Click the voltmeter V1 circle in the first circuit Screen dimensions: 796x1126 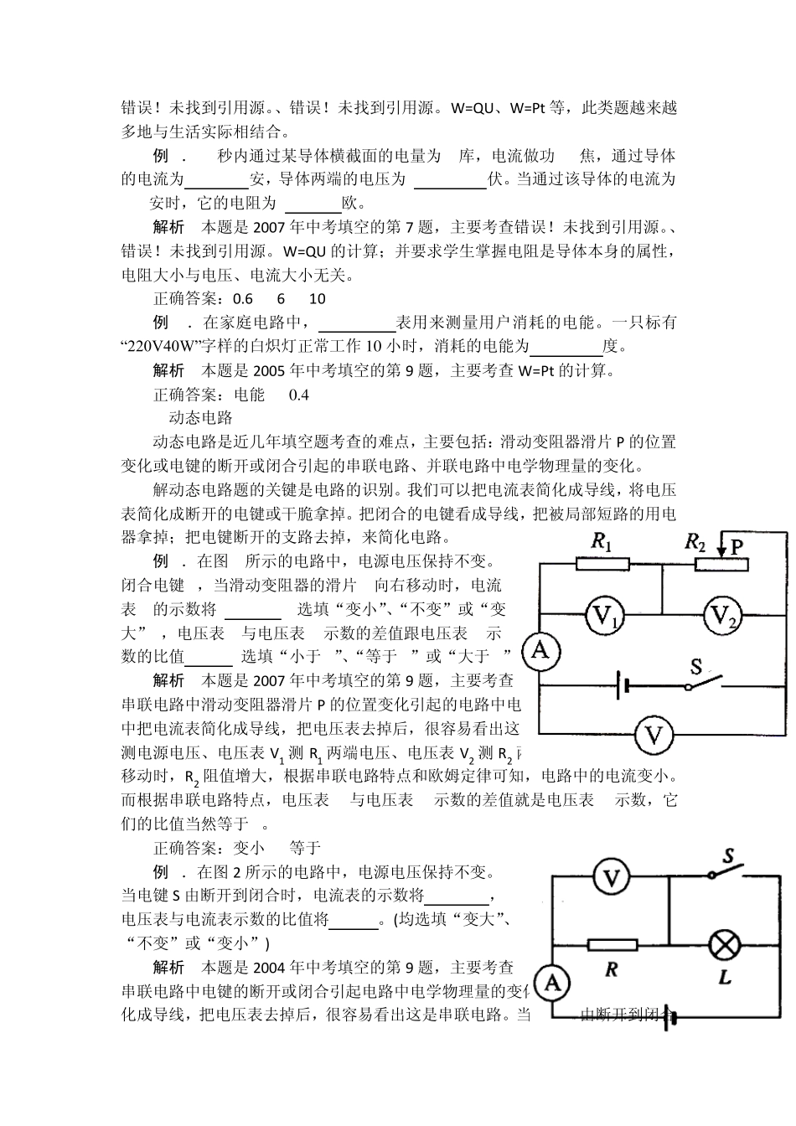(603, 617)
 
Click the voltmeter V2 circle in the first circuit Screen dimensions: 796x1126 (722, 617)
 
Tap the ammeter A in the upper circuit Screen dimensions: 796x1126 (541, 650)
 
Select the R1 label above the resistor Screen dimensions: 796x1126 (602, 542)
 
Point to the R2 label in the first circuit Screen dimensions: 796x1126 (696, 542)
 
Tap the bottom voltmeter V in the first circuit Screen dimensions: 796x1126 (654, 736)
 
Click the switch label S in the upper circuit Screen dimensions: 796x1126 (695, 667)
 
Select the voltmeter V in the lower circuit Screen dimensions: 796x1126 (613, 877)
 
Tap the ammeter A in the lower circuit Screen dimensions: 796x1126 (552, 983)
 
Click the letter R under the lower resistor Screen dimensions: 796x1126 (611, 969)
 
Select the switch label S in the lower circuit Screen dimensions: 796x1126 (729, 856)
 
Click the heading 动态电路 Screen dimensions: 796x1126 (200, 417)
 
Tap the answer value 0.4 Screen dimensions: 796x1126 (298, 394)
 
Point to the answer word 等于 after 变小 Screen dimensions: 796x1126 (305, 848)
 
